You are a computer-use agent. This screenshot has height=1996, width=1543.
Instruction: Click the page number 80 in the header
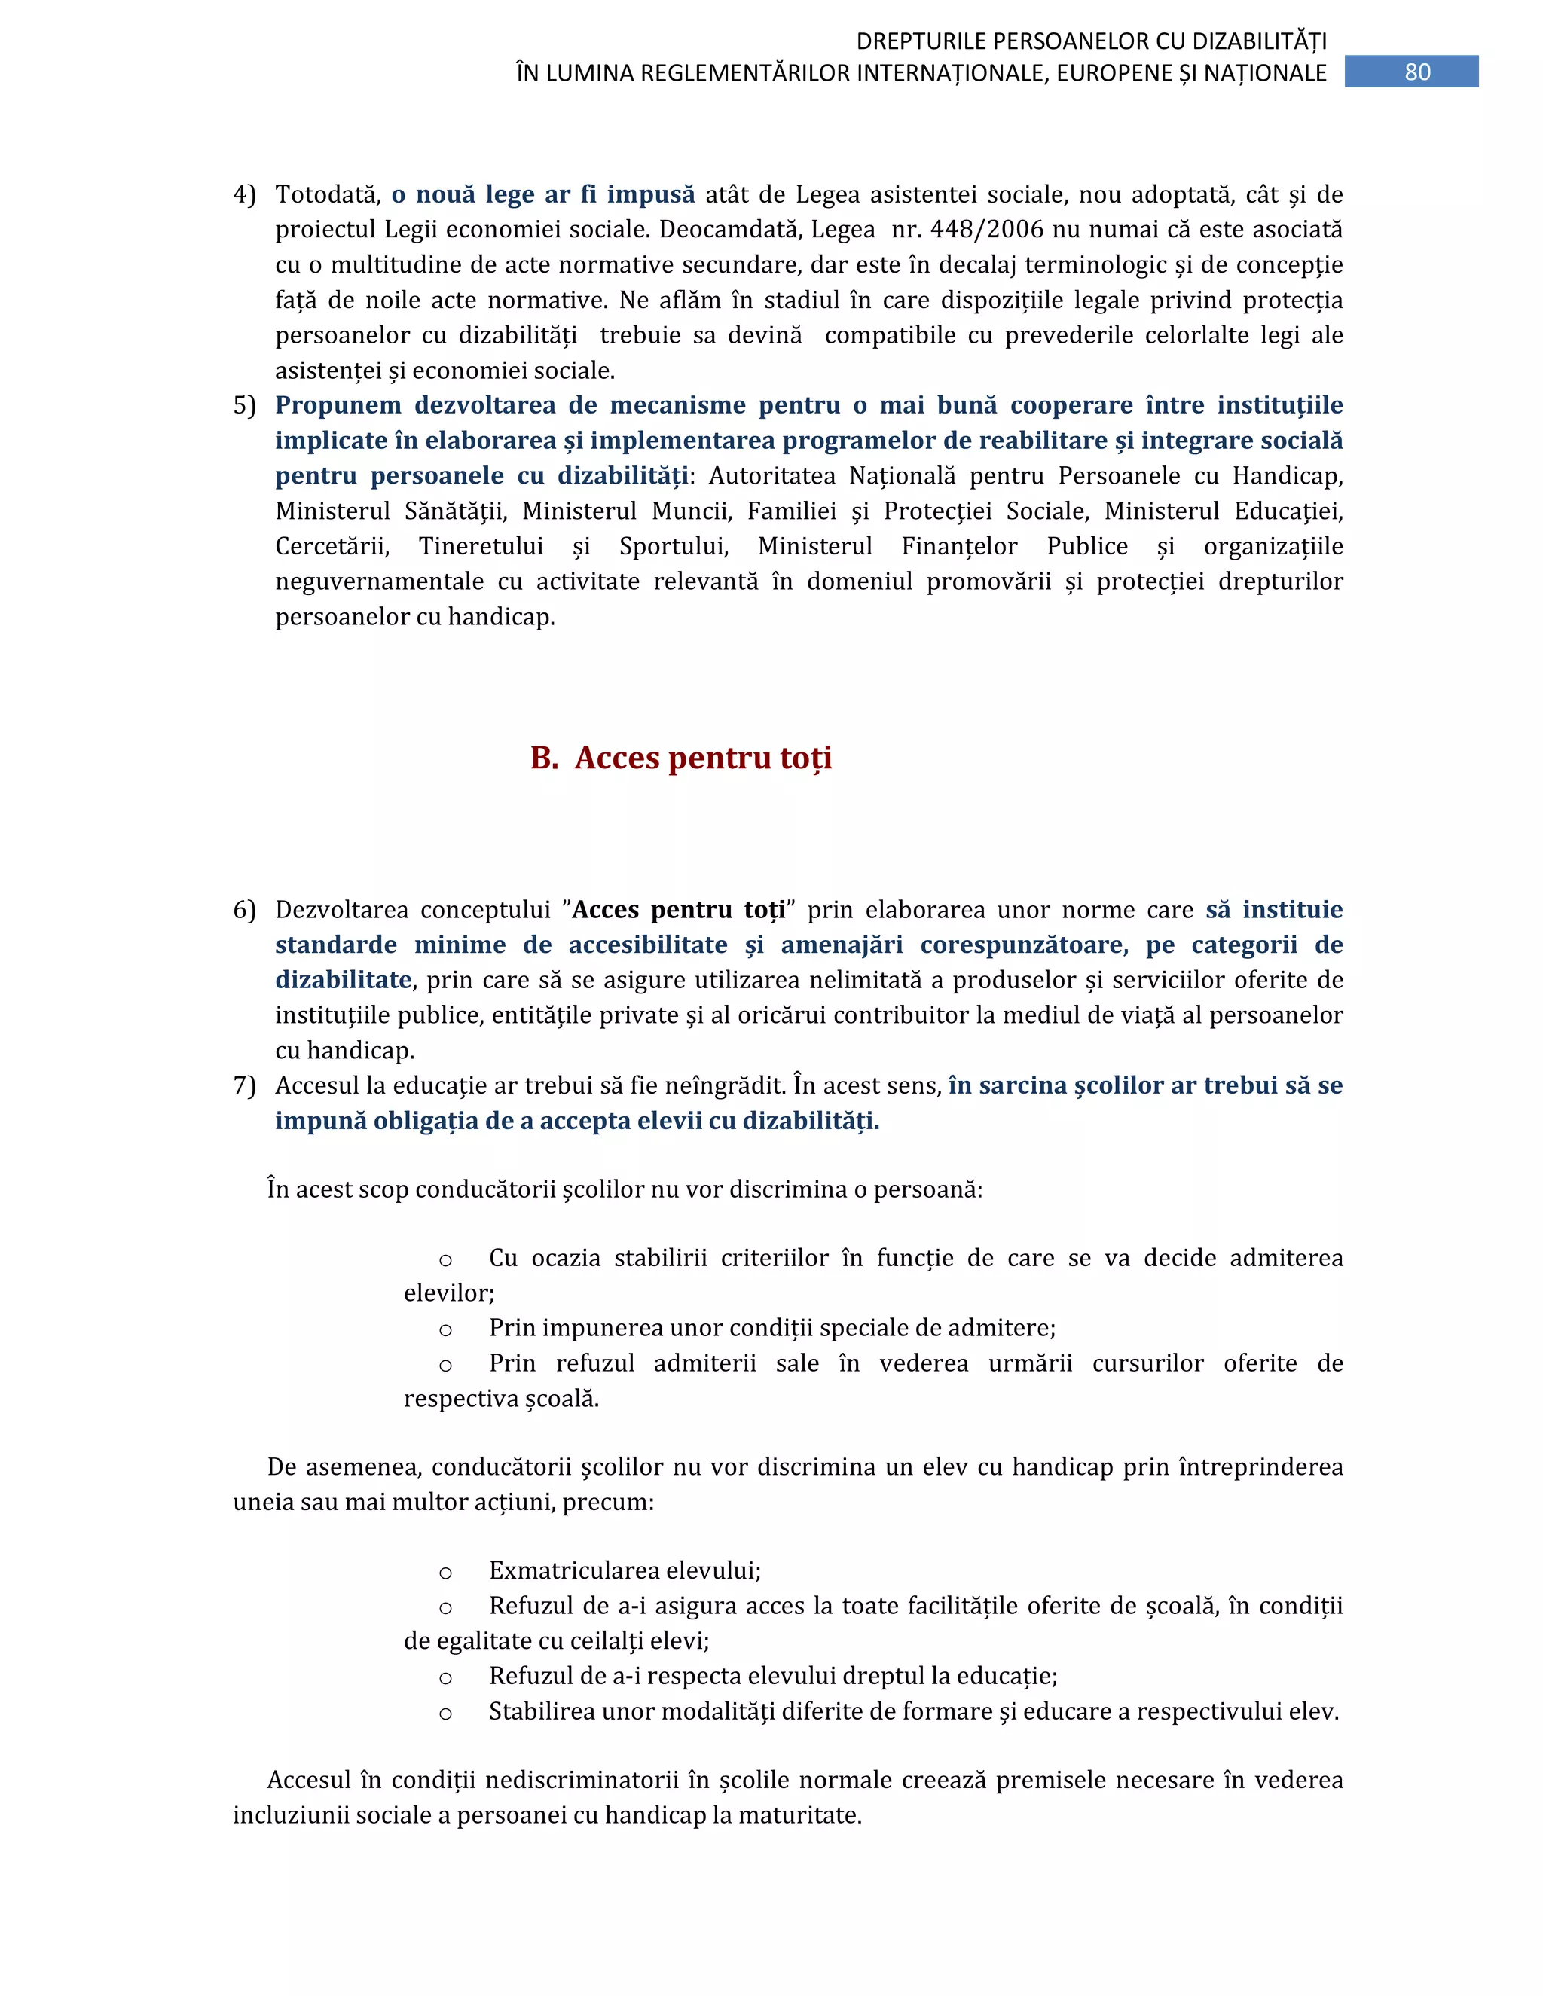click(1417, 72)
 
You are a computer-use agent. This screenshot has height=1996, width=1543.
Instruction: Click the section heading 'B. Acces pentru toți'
click(681, 758)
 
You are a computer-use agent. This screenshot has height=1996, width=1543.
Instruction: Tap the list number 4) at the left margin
click(244, 194)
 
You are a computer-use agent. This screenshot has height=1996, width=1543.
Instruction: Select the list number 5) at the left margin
click(244, 406)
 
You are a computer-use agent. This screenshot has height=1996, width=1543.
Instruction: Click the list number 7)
click(244, 1085)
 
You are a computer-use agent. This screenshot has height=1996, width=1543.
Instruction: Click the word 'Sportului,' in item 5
click(674, 547)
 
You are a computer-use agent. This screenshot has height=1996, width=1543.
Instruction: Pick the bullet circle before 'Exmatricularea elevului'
click(445, 1573)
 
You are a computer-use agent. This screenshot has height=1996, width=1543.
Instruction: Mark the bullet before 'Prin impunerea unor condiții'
click(445, 1329)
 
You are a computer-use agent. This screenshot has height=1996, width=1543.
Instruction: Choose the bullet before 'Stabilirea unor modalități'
click(445, 1714)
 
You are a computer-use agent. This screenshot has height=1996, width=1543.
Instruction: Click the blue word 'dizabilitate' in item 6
click(343, 981)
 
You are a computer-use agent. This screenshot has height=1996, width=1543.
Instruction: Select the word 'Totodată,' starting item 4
click(327, 194)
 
